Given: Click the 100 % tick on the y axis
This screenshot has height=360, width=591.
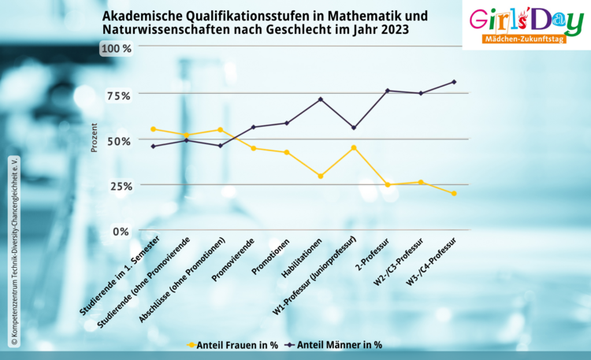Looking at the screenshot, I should [x=115, y=48].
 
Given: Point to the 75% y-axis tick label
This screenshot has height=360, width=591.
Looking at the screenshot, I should [x=118, y=95].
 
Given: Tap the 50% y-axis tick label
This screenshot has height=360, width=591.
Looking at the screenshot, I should [x=118, y=139].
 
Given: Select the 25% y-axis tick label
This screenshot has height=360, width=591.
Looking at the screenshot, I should [x=118, y=185].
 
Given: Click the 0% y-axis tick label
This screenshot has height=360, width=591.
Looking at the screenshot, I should [x=121, y=231].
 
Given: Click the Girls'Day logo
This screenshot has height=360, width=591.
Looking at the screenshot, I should [x=526, y=20].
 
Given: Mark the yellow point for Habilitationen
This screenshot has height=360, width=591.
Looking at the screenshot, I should [x=320, y=176].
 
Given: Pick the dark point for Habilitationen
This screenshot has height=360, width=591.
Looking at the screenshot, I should [x=320, y=99].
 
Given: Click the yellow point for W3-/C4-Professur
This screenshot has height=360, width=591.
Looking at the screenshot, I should [x=455, y=194].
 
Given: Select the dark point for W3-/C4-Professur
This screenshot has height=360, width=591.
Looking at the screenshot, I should [x=455, y=82].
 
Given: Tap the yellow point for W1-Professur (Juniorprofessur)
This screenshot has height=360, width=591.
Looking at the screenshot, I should [x=354, y=147].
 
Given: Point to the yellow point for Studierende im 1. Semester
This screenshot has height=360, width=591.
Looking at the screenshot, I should [x=153, y=129].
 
